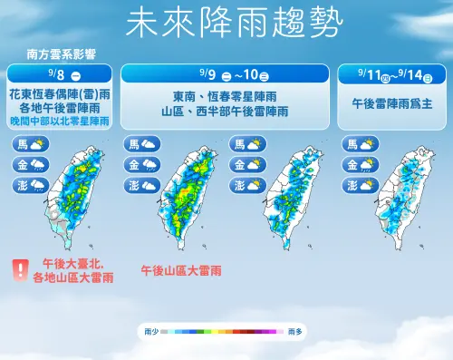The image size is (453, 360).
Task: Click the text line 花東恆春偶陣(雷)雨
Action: (x=61, y=93)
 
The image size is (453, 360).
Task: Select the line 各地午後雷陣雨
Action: (x=61, y=107)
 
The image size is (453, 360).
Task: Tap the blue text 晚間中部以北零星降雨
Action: (x=61, y=121)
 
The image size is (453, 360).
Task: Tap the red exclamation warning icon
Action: (x=18, y=268)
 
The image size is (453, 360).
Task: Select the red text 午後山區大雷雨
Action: (x=181, y=270)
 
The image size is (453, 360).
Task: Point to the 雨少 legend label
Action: (x=150, y=334)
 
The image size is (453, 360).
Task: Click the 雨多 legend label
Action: (x=295, y=334)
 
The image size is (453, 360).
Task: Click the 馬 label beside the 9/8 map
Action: (x=22, y=144)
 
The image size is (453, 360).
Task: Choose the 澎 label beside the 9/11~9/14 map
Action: (x=349, y=185)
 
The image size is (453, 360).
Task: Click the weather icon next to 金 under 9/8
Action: (x=38, y=164)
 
